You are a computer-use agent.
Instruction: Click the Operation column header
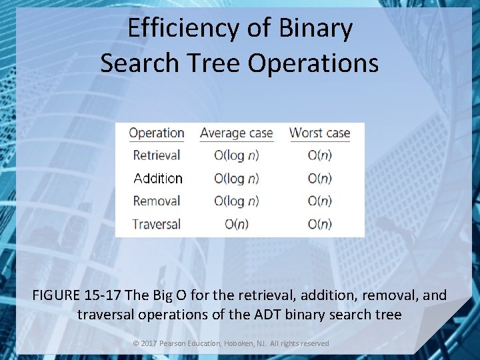pyautogui.click(x=157, y=133)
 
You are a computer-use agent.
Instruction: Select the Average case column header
pyautogui.click(x=237, y=133)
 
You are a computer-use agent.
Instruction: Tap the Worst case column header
pyautogui.click(x=319, y=133)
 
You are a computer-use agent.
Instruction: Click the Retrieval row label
pyautogui.click(x=157, y=155)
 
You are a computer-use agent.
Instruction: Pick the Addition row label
pyautogui.click(x=158, y=178)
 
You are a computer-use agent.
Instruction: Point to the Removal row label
pyautogui.click(x=157, y=201)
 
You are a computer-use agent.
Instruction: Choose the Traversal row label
pyautogui.click(x=157, y=223)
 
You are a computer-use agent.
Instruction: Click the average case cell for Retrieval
pyautogui.click(x=237, y=155)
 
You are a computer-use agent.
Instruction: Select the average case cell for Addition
pyautogui.click(x=237, y=178)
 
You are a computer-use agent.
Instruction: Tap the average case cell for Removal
pyautogui.click(x=237, y=201)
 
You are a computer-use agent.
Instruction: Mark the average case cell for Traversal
pyautogui.click(x=237, y=223)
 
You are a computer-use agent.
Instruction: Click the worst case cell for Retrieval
pyautogui.click(x=320, y=155)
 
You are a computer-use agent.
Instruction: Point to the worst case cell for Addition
pyautogui.click(x=320, y=178)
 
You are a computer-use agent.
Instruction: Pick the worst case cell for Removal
pyautogui.click(x=320, y=201)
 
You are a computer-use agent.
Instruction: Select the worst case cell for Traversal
pyautogui.click(x=320, y=223)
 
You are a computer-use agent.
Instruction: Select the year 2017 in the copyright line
pyautogui.click(x=147, y=343)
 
